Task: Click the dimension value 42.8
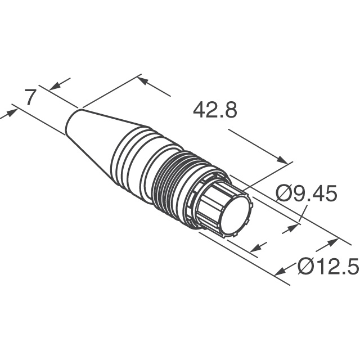pyautogui.click(x=215, y=110)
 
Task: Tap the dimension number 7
pyautogui.click(x=31, y=98)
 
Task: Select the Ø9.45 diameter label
pyautogui.click(x=306, y=194)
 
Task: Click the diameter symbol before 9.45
pyautogui.click(x=283, y=194)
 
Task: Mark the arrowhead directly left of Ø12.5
pyautogui.click(x=282, y=271)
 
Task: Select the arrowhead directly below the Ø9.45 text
pyautogui.click(x=293, y=228)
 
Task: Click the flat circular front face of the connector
pyautogui.click(x=235, y=216)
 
